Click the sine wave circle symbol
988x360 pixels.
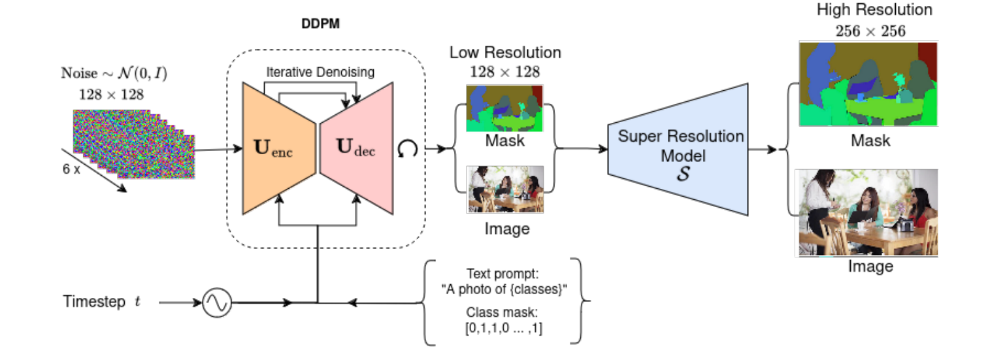point(216,303)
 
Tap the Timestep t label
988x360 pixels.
point(102,302)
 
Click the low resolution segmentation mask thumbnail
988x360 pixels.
point(504,108)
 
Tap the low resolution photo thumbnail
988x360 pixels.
point(505,189)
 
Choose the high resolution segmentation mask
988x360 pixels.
point(868,84)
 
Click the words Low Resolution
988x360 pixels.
point(505,52)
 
